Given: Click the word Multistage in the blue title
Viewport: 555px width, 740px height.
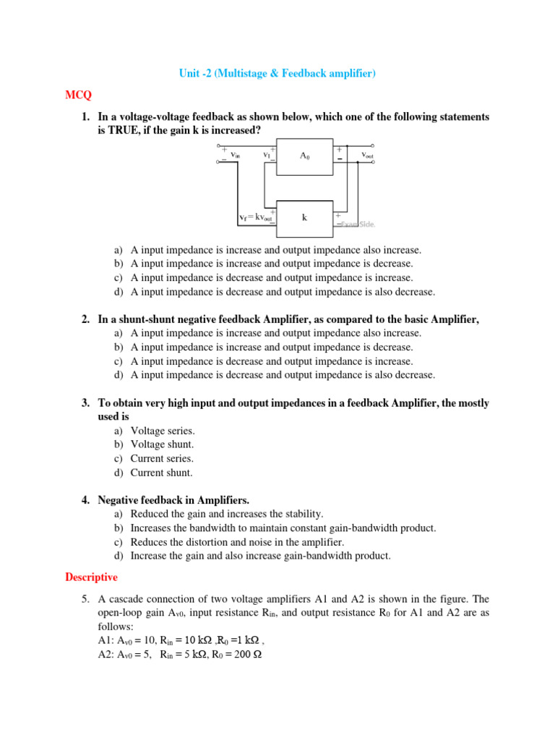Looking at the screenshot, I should coord(244,74).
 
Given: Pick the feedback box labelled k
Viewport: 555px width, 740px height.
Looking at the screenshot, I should coord(305,217).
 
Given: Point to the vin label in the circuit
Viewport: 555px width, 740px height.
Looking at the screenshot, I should coord(235,154).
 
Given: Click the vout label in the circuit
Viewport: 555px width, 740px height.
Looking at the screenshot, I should coord(367,155).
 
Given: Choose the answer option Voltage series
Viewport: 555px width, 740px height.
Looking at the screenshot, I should coord(162,431).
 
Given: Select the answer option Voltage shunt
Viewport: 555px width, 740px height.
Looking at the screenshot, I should coord(162,444).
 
